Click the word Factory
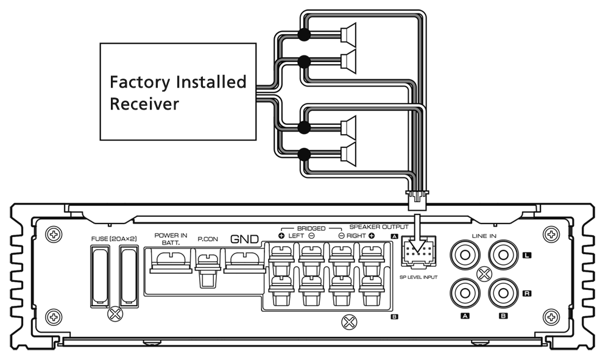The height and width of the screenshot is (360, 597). point(140,82)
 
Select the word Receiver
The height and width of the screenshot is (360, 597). point(144,104)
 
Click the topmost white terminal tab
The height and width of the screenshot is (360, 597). point(344,35)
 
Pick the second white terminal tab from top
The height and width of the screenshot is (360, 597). point(344,61)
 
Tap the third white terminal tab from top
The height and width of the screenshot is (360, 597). point(344,128)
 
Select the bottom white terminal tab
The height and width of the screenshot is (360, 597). point(344,154)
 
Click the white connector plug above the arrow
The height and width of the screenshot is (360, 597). point(417,202)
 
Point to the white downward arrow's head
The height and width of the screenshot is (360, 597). point(417,245)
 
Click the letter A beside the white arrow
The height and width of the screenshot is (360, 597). point(394,236)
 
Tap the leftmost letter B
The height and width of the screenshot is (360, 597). point(394,317)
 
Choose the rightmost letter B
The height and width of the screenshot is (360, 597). point(503,316)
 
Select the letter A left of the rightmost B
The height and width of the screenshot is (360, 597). point(465,316)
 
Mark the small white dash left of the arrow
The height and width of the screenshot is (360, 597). point(356,226)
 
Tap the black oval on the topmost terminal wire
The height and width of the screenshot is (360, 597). point(304,37)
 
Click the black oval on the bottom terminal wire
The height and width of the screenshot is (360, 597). point(304,152)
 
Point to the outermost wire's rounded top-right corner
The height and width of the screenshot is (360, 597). point(421,15)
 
